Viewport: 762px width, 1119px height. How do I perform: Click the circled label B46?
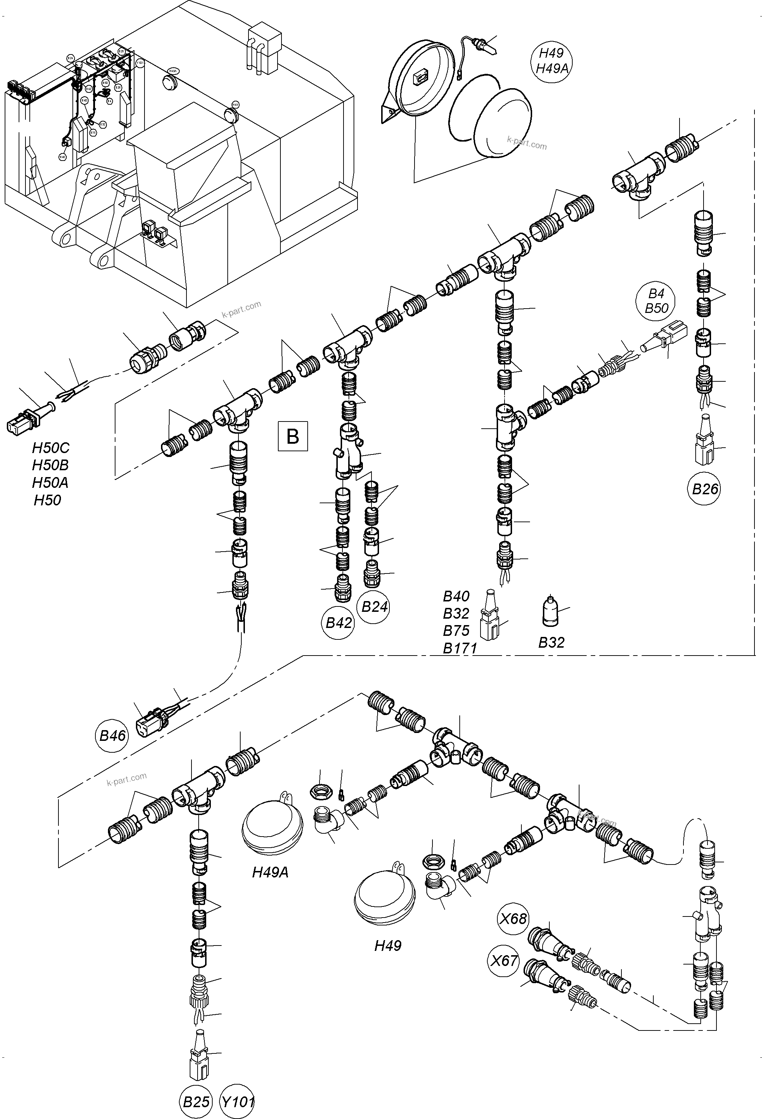112,735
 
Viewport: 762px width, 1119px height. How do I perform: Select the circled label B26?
705,489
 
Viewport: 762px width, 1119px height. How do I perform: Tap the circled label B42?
339,623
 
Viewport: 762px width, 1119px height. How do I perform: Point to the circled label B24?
375,607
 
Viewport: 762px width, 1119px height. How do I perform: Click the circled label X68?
513,919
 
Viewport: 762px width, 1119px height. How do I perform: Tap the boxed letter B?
292,436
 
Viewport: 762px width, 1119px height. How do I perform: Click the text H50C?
51,448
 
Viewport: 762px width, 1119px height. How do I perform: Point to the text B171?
459,648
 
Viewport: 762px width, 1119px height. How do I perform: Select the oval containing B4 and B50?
656,300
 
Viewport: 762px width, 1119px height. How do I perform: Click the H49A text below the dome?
270,872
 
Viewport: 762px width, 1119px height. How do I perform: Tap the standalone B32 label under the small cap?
551,642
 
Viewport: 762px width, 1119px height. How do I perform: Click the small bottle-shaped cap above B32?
550,613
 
